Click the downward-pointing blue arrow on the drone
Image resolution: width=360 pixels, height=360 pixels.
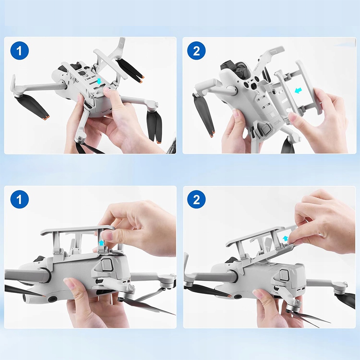coord(99,81)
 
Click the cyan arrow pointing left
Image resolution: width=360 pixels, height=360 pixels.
coord(298,90)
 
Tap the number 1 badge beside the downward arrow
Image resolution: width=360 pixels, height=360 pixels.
coord(19,51)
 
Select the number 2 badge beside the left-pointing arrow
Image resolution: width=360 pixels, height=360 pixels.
coord(196,51)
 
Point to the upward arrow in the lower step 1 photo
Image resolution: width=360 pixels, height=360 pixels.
coord(101,243)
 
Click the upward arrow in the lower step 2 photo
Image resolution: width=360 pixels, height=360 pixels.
coord(285,238)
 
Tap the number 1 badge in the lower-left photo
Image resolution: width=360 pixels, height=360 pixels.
coord(19,199)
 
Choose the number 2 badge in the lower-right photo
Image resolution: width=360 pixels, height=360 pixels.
coord(196,199)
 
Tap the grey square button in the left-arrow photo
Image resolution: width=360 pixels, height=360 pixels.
coord(266,130)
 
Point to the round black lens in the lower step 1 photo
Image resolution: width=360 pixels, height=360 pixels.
coord(52,299)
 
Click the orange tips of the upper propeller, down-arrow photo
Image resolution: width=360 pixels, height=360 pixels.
coord(141,79)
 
